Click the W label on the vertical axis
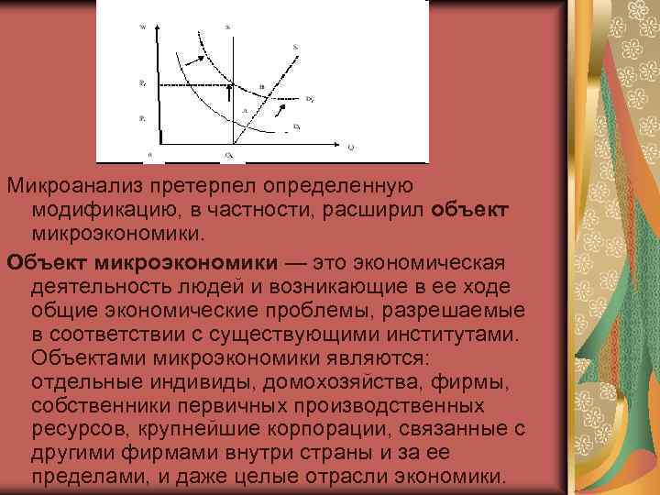click(x=143, y=27)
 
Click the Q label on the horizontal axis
click(x=351, y=146)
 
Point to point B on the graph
click(x=261, y=87)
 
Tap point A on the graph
click(x=245, y=110)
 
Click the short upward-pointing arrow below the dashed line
click(x=229, y=92)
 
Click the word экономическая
click(x=429, y=264)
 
